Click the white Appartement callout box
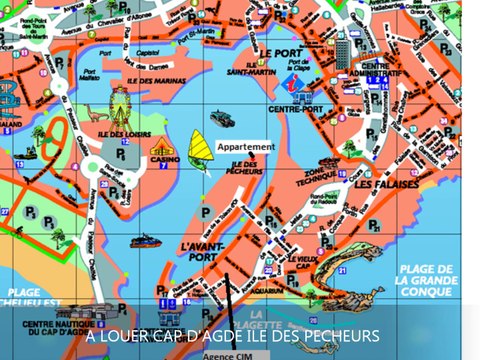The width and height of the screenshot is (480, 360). [x=245, y=147]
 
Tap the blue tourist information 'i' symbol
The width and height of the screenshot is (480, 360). [x=294, y=78]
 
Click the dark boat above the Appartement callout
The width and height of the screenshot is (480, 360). [x=221, y=119]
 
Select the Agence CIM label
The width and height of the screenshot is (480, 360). [x=226, y=354]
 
